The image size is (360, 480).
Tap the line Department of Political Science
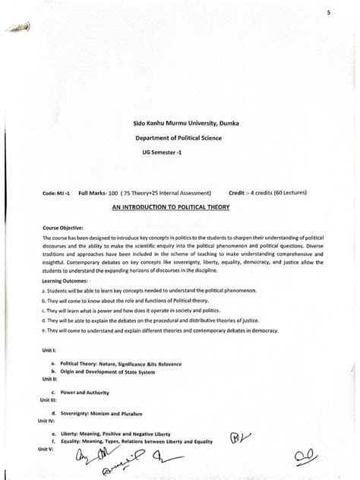(178, 139)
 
